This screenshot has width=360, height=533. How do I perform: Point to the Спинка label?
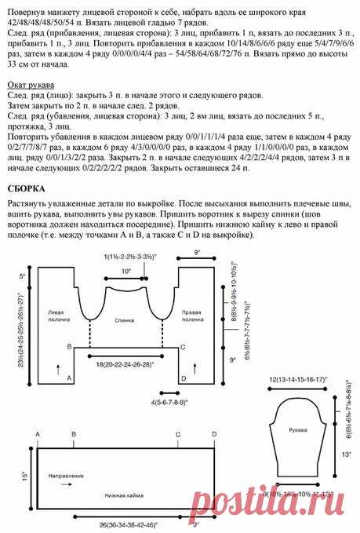point(124,321)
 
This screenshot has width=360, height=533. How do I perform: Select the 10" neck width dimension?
point(125,271)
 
